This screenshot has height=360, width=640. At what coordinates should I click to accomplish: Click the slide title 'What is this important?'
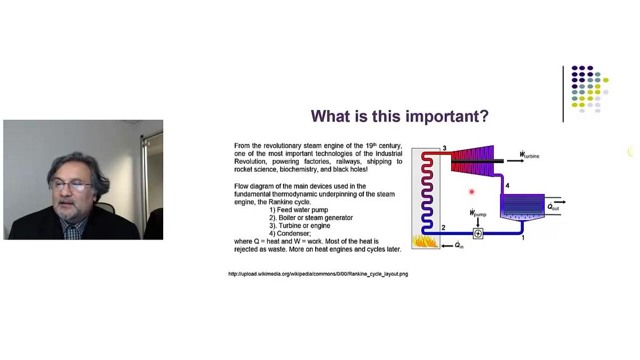point(399,116)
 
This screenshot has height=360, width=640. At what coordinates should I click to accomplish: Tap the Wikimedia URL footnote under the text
point(318,274)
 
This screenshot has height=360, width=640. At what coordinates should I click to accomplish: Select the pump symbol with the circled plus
point(478,234)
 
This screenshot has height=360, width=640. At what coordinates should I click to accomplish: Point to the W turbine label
point(529,155)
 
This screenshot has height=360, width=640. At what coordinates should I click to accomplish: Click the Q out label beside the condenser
point(553,207)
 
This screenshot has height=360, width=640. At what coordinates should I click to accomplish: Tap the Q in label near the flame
point(459,246)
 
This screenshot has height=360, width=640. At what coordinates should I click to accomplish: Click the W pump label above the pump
point(477,213)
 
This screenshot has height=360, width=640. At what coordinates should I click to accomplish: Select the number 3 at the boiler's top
point(444,148)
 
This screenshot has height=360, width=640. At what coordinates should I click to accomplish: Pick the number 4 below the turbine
point(507,186)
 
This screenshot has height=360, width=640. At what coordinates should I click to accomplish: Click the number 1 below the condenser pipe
point(523,238)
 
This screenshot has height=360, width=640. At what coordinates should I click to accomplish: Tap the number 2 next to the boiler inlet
point(443,228)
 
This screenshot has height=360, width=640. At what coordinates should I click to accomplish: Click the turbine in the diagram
point(472,159)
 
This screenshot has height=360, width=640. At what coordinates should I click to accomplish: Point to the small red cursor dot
point(471,192)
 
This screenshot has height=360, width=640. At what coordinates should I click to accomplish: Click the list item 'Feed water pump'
point(299,210)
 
